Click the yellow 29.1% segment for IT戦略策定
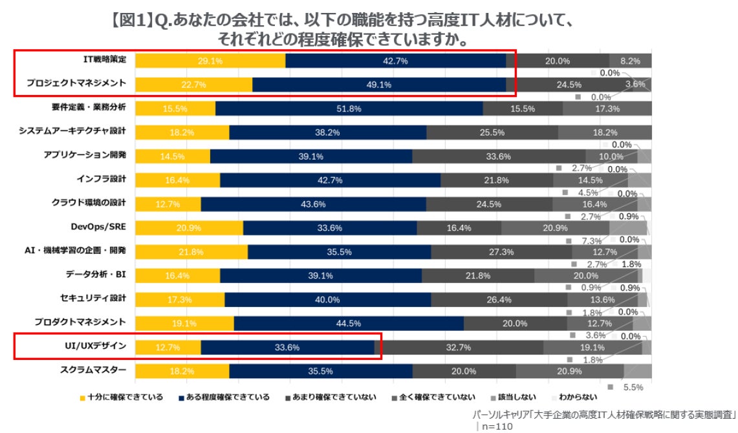click(210, 61)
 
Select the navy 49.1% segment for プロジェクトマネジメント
click(379, 85)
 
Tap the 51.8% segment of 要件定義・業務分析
click(349, 109)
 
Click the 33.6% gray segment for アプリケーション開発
click(499, 156)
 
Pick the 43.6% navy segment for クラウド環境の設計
click(313, 204)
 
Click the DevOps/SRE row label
click(98, 226)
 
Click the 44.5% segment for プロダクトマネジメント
click(349, 323)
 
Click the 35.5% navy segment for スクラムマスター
click(321, 371)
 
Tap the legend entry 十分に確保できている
click(120, 396)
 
